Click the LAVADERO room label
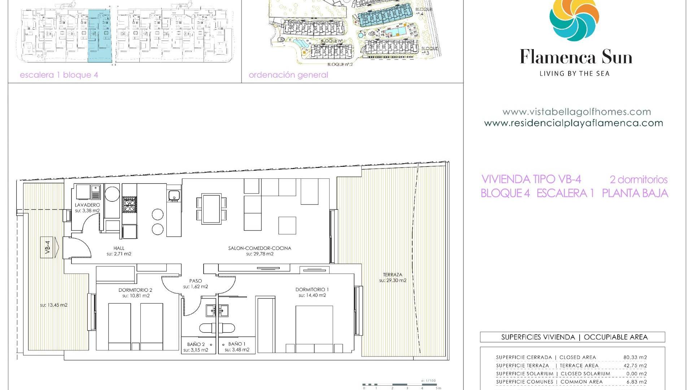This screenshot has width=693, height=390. coord(87,205)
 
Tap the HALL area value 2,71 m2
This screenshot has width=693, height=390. coord(119,254)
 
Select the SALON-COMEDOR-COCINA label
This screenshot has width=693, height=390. coord(260,248)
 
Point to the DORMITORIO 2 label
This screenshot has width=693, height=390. coord(135,290)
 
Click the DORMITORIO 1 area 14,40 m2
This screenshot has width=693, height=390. coord(312,295)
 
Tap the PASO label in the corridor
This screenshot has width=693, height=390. coord(196,281)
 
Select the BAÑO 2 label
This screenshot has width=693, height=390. coord(196,344)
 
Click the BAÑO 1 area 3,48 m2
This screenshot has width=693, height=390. coord(237,350)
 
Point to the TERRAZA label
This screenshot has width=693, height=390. coord(392,274)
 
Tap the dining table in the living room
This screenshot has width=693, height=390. coord(212,209)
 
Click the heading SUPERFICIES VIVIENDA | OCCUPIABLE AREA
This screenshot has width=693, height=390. coord(572,337)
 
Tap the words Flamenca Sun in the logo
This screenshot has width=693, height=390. coord(576,57)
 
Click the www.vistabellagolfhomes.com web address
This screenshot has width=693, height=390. coord(576,112)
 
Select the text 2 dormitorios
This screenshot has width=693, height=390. coord(638,179)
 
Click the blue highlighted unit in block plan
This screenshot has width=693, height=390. coord(99,36)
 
